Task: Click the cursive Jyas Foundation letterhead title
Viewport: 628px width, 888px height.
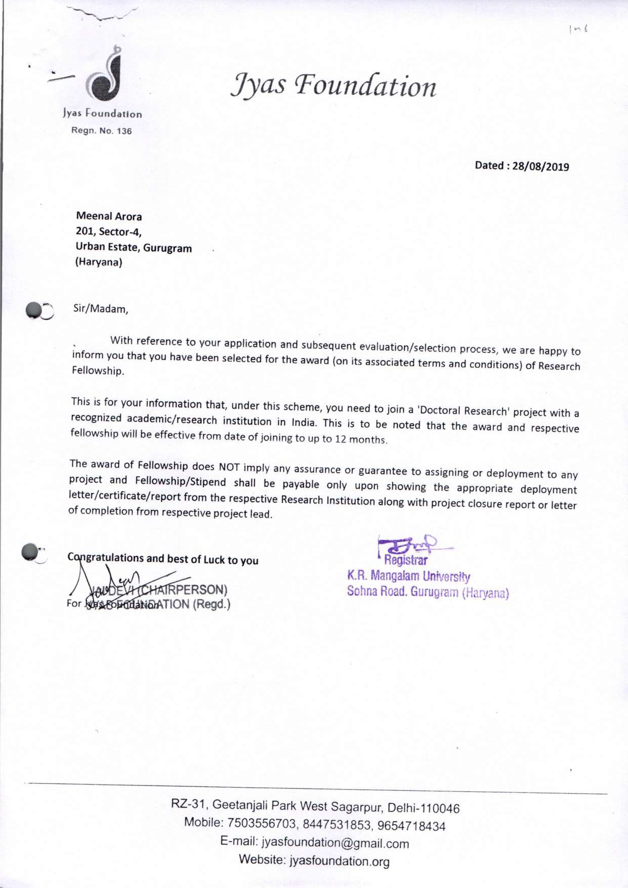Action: click(333, 86)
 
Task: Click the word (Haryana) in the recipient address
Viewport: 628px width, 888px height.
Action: click(99, 262)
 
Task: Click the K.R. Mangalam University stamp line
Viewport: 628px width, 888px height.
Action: click(409, 577)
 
